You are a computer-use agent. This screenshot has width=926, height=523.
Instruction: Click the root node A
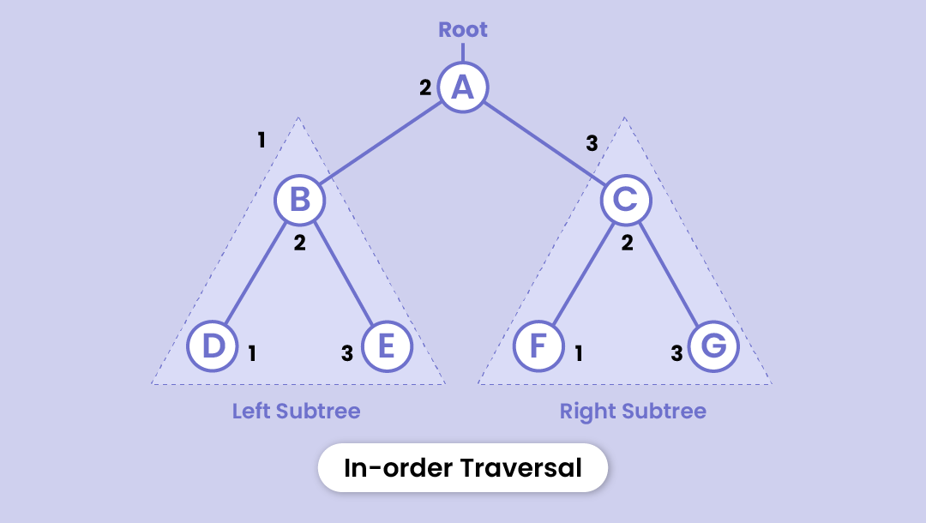463,87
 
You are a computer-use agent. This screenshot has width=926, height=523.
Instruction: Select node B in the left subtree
299,200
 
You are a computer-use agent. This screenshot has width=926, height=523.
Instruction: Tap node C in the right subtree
626,200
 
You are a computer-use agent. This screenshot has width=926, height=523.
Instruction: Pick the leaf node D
213,347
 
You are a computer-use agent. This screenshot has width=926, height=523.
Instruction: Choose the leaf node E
388,347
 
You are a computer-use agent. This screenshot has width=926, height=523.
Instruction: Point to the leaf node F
538,347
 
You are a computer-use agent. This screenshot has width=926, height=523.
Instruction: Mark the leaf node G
713,347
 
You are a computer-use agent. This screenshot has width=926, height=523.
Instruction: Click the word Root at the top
463,29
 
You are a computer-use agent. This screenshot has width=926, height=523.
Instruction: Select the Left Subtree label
297,412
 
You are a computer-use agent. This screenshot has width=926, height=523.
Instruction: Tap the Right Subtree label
633,412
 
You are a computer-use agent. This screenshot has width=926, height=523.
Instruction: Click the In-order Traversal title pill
463,468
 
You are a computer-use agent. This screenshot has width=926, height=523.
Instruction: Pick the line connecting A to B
382,143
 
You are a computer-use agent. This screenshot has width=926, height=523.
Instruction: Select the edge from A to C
544,143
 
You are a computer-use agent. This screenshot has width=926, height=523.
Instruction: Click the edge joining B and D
256,274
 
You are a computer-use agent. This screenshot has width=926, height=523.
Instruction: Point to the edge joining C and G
670,274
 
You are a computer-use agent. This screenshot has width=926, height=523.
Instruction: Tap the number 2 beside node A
425,87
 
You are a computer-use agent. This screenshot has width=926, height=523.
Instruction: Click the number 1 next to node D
252,352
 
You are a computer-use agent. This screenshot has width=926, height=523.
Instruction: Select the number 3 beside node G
676,352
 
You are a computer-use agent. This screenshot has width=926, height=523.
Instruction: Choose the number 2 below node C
627,243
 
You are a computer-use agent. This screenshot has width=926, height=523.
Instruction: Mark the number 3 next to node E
347,352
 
